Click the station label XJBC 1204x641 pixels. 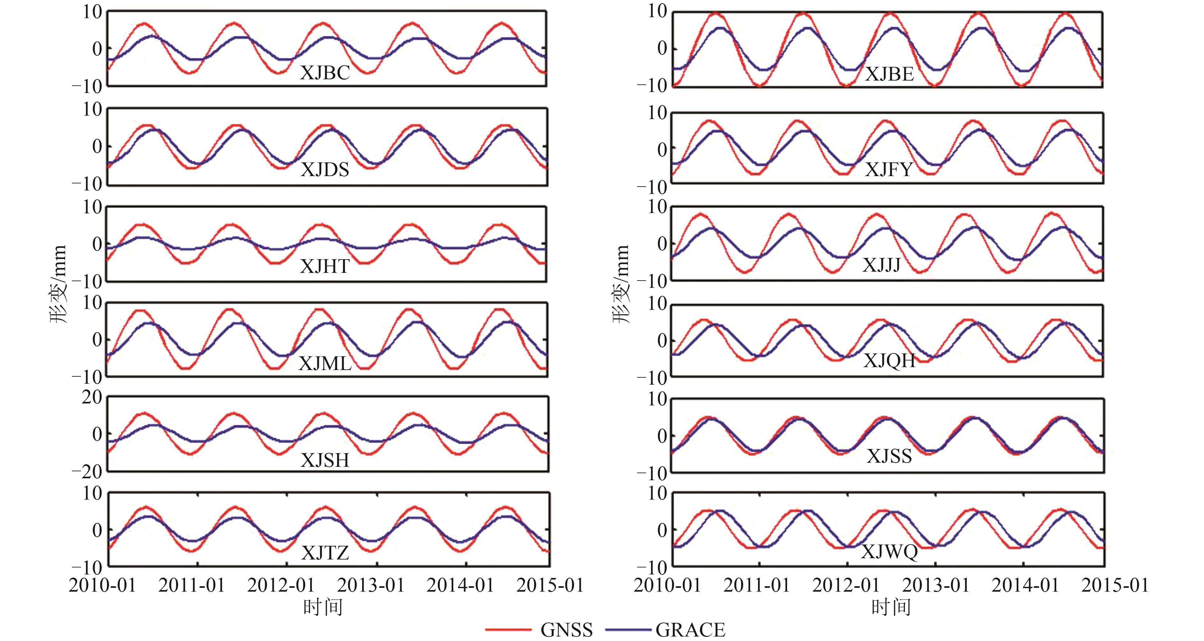(325, 73)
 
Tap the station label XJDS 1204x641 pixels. (325, 169)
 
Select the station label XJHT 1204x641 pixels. (325, 266)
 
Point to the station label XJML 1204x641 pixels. (325, 363)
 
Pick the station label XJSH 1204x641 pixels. (325, 460)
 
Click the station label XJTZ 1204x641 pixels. (325, 553)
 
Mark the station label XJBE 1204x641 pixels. (889, 74)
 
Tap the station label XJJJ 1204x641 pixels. (882, 265)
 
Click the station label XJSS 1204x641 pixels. (889, 456)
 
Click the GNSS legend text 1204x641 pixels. (566, 630)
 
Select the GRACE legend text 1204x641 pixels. (690, 630)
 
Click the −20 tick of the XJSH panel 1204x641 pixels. (87, 472)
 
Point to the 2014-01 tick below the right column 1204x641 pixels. (1025, 585)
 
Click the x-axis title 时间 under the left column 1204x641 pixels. (323, 607)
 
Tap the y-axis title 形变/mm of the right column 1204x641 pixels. (621, 284)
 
